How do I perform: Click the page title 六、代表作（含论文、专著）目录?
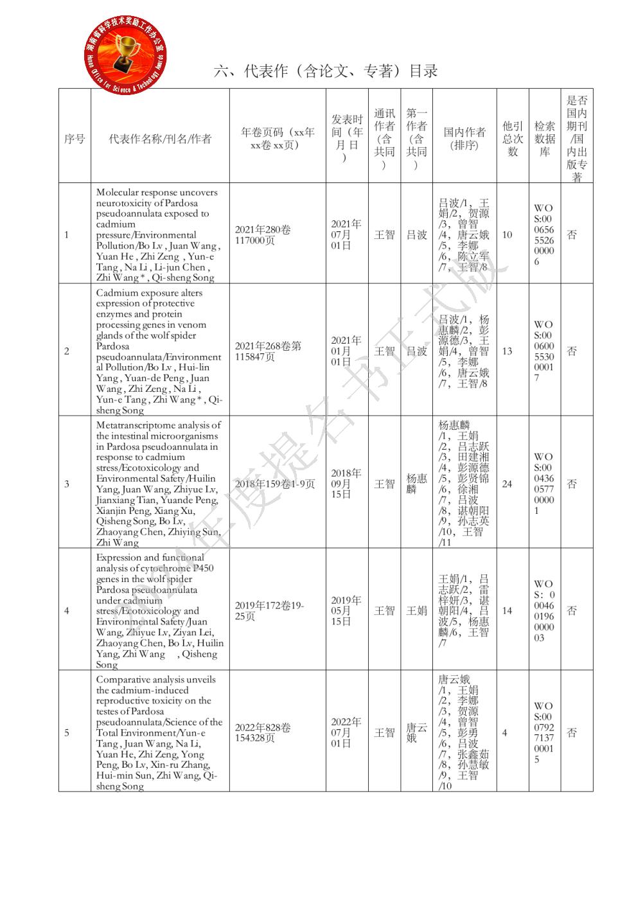coord(326,71)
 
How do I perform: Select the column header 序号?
coord(75,138)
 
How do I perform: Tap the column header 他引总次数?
coord(513,138)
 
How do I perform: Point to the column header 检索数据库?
coord(544,138)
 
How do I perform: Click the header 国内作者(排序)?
coord(464,138)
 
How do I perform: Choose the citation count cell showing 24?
coord(508,484)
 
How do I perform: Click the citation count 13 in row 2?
coord(508,351)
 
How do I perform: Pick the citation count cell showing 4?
coord(505,732)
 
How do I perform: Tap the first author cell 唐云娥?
coord(416,732)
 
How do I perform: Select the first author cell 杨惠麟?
coord(416,484)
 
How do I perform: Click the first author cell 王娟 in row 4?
coord(416,610)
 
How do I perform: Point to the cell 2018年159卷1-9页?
coord(275,484)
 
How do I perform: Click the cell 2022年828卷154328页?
coord(263,732)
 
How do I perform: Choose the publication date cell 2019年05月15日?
coord(346,611)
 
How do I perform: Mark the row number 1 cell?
coord(67,234)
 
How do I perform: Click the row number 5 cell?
coord(67,732)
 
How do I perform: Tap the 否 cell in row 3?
coord(572,484)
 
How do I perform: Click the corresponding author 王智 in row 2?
coord(385,351)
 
